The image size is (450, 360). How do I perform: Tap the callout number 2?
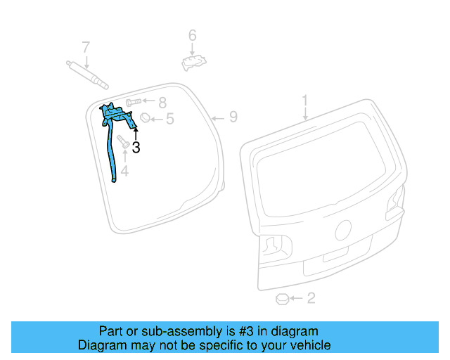[x=311, y=298]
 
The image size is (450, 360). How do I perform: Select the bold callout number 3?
[x=136, y=148]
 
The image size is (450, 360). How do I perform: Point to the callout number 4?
[x=124, y=171]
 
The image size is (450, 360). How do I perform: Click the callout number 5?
[x=169, y=120]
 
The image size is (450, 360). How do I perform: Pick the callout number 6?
[x=192, y=35]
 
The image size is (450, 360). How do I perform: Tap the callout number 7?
[x=86, y=48]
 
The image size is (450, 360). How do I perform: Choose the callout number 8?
[x=162, y=102]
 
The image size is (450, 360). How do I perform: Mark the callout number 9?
[x=233, y=117]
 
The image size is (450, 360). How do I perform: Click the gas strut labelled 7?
[x=88, y=74]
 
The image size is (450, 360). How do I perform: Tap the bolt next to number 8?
[x=136, y=103]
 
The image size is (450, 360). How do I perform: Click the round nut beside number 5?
[x=147, y=118]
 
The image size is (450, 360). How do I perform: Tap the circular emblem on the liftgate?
[x=345, y=230]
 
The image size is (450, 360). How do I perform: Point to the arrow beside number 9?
[x=218, y=117]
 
